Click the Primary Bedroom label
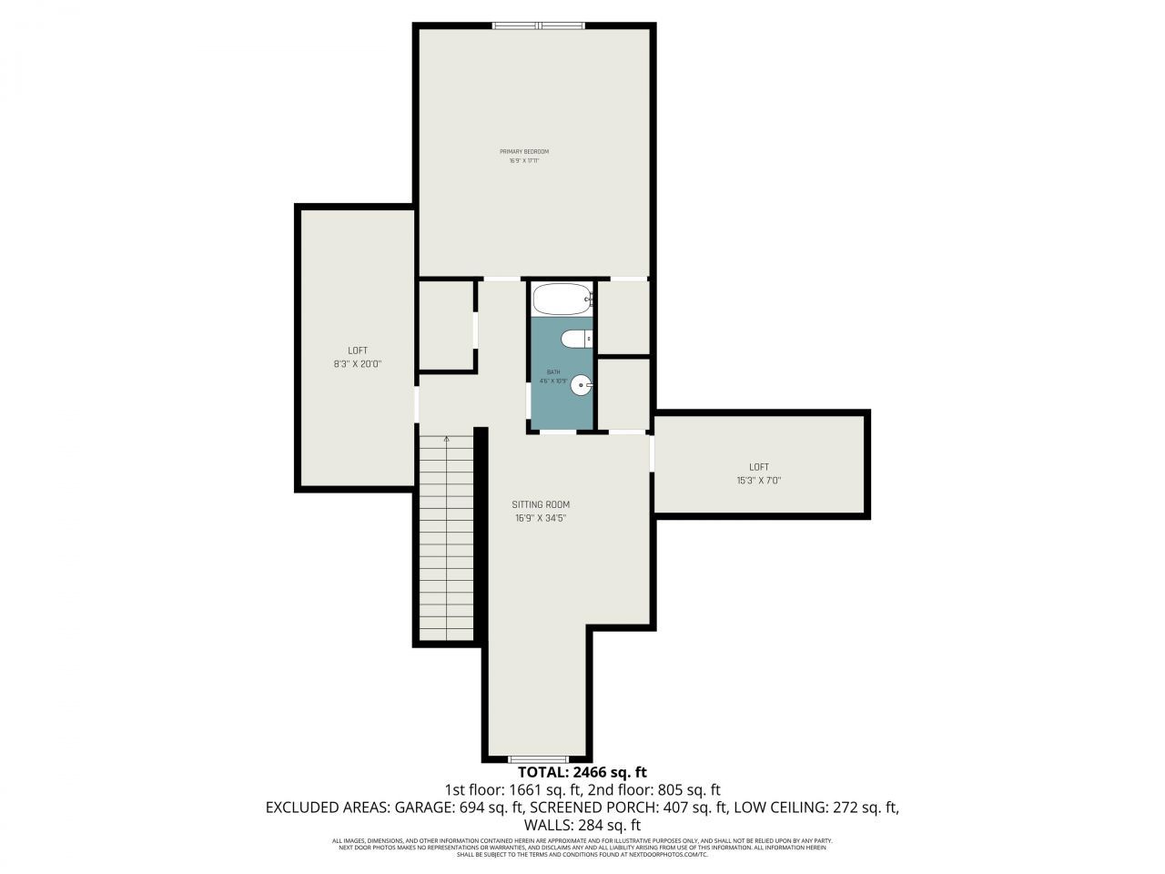(524, 151)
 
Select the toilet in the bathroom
(575, 339)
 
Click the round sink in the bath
(581, 387)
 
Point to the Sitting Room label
(541, 504)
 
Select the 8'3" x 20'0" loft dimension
(358, 363)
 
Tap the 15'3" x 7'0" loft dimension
(759, 481)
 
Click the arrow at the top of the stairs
(447, 439)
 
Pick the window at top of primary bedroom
(538, 25)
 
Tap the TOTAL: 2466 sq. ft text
(582, 773)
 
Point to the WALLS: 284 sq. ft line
(582, 825)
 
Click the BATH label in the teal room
(553, 372)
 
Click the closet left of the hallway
(445, 325)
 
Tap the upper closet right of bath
(623, 317)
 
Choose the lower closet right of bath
(623, 393)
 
